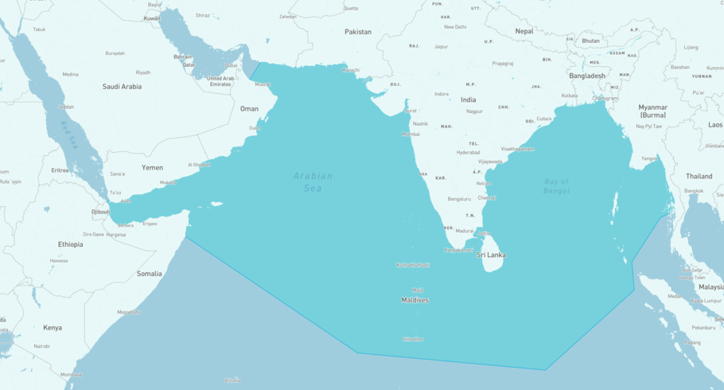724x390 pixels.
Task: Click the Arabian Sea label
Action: click(313, 182)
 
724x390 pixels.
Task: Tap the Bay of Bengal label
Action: click(557, 186)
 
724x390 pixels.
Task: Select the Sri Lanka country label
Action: click(491, 255)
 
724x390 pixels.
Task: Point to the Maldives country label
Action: click(415, 300)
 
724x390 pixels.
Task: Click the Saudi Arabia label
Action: click(122, 86)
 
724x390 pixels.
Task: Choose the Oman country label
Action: click(249, 108)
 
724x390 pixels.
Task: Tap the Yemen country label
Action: click(152, 168)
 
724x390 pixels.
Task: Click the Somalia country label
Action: click(149, 273)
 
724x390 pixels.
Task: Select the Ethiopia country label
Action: click(70, 244)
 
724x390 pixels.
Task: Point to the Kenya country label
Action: click(53, 327)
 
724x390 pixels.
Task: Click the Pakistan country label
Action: click(358, 32)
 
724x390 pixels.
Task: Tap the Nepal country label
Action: click(524, 31)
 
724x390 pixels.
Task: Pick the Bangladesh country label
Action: click(587, 76)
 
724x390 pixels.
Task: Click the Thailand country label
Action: click(699, 176)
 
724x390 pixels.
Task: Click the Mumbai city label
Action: click(411, 134)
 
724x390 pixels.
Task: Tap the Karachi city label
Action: click(350, 69)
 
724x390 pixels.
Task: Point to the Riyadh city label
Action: click(142, 72)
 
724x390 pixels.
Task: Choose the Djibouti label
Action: click(100, 212)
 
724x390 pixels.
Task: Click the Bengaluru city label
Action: click(459, 199)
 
